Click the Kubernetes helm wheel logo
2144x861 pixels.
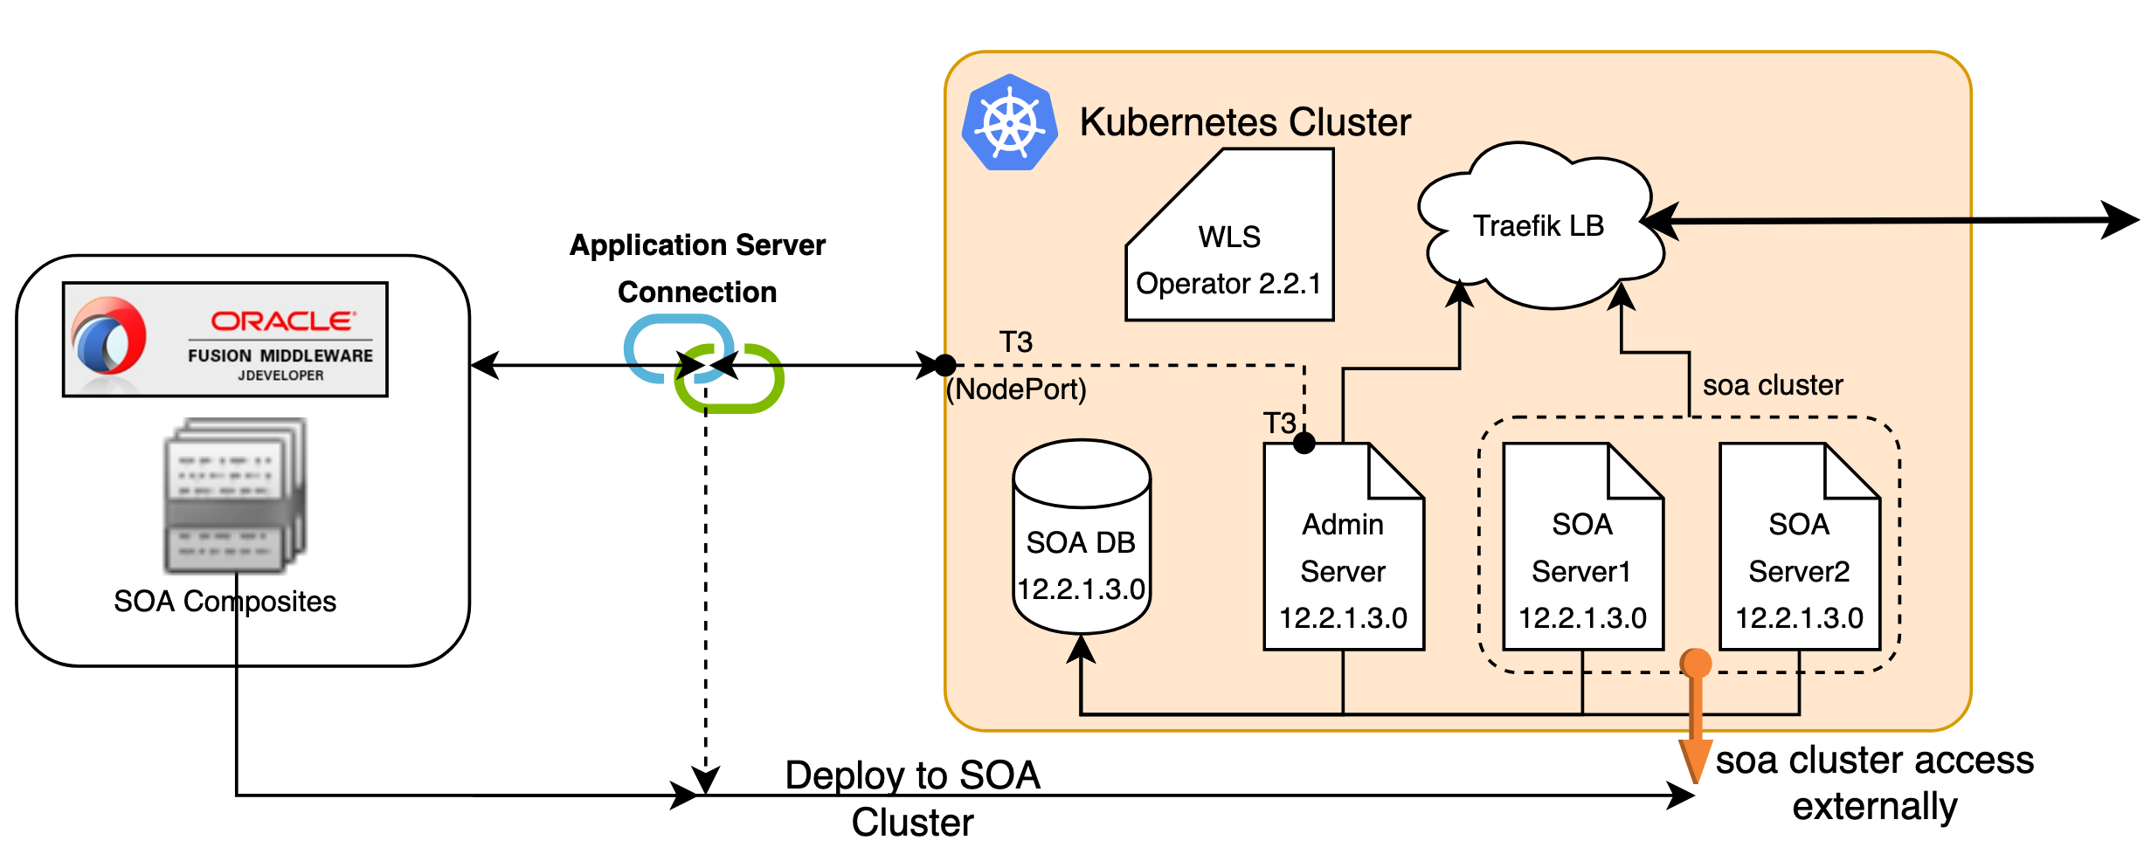[1009, 123]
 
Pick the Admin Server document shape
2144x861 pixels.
[1343, 559]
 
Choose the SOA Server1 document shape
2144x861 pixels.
[1582, 559]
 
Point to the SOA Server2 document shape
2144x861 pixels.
[1799, 559]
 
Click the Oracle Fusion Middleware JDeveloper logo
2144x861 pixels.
[225, 340]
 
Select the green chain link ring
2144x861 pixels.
[734, 381]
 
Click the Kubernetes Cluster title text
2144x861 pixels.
[1245, 122]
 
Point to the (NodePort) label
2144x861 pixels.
[1017, 389]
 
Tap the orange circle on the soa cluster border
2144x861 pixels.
[1696, 664]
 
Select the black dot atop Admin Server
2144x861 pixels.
[1304, 444]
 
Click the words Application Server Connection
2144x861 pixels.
[697, 268]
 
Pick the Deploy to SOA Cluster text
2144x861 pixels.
[912, 798]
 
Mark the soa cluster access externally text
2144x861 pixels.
[1874, 783]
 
